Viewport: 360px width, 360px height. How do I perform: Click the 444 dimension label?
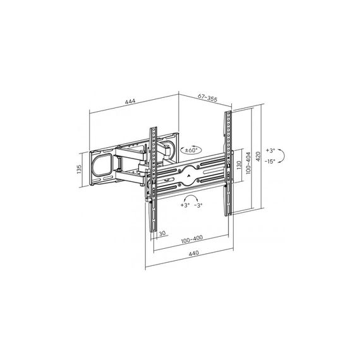pos(130,101)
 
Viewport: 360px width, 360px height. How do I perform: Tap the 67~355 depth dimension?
pos(207,98)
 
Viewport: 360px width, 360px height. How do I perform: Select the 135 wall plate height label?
pos(79,169)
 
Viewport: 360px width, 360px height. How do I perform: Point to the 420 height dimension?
pos(258,157)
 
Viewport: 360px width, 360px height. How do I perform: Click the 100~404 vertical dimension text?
pos(248,163)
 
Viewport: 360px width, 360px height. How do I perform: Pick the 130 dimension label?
pos(239,165)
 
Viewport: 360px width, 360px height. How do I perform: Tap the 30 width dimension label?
pos(162,233)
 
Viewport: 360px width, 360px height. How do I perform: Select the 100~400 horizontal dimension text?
pos(192,239)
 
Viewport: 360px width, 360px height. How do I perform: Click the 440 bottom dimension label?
pos(193,253)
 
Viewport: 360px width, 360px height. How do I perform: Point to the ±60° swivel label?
pos(191,150)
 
